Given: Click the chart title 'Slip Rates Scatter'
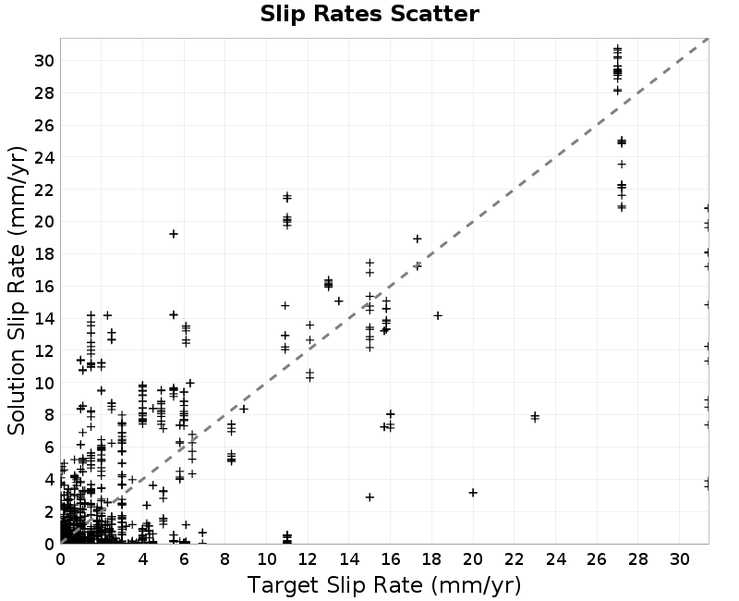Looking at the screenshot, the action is coord(369,14).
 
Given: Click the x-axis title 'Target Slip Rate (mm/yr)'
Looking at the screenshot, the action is coord(384,585).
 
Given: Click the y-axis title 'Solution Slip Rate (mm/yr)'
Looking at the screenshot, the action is coord(17,290).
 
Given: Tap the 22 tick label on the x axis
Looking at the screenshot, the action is coord(515,559).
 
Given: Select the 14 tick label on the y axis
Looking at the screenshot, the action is coord(44,319).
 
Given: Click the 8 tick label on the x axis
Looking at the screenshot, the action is coord(225,559).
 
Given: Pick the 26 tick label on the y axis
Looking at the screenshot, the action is coord(44,126).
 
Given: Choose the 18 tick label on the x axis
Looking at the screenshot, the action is coord(431,559).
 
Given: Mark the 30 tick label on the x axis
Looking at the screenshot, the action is coord(679,559).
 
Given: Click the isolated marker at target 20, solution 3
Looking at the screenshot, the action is coord(473,493).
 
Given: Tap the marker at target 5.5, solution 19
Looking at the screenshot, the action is coord(174,234).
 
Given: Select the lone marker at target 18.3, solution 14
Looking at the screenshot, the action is coord(438,315).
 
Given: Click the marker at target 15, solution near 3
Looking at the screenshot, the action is coord(370,497).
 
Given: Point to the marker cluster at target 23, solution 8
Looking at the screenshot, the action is coord(535,417).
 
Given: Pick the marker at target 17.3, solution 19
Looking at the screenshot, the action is coord(418,239).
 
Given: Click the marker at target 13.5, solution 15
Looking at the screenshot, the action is coord(339,301).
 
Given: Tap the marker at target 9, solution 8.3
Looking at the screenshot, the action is coord(244,409).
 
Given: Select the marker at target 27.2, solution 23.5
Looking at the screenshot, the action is coord(622,165).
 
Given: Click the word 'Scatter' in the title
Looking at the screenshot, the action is coord(435,14).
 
